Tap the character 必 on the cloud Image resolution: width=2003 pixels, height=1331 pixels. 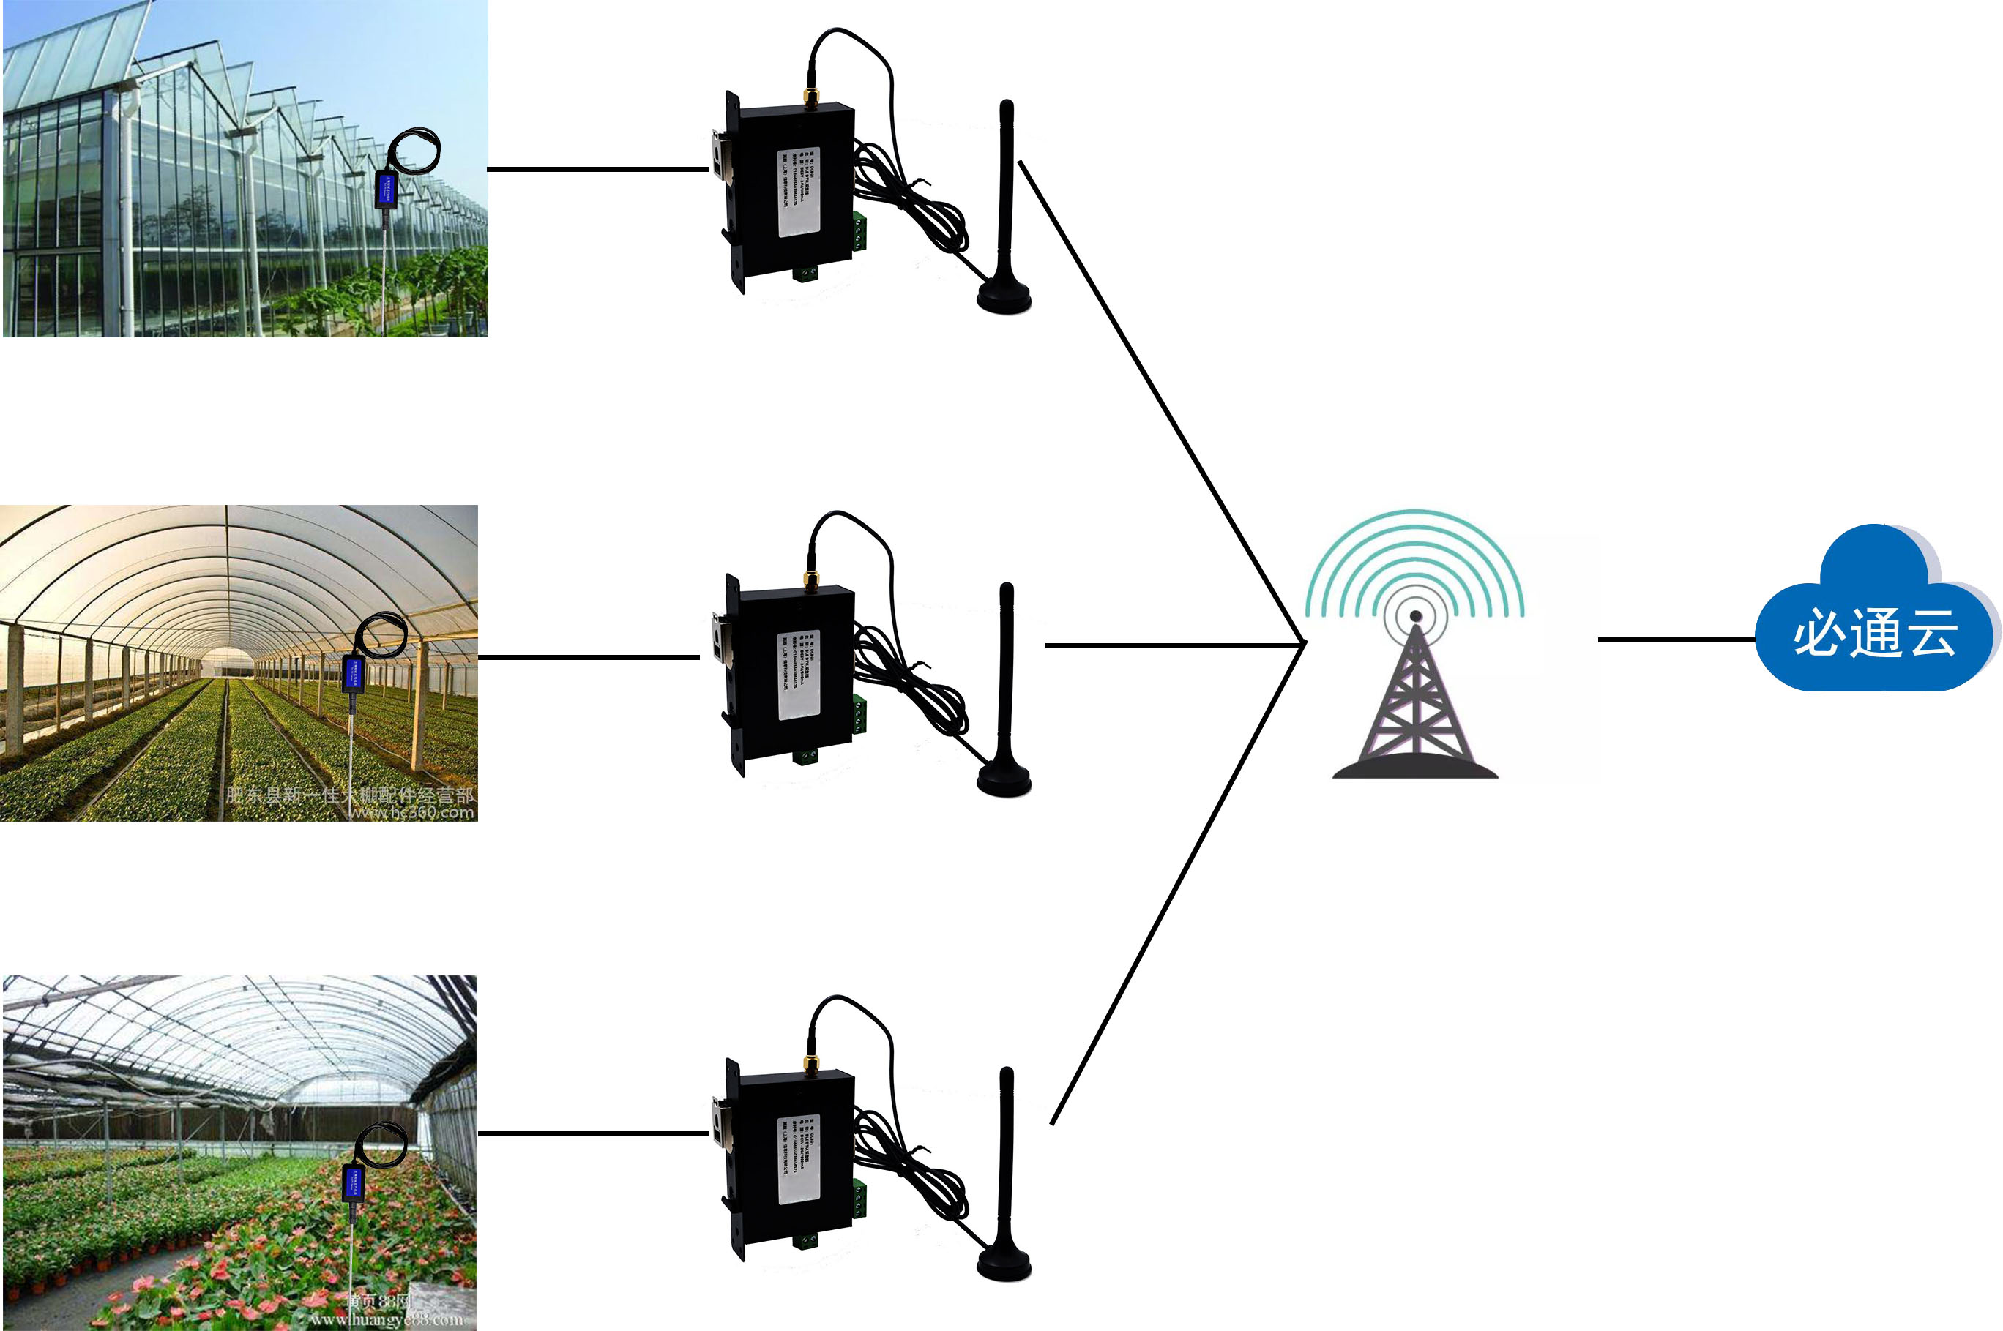tap(1818, 632)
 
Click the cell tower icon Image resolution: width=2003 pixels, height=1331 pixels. tap(1414, 705)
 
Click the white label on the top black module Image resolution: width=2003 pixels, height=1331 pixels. tap(798, 192)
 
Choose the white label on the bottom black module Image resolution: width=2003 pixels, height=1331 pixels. tap(798, 1159)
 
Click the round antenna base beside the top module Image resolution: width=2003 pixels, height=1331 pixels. tap(1004, 298)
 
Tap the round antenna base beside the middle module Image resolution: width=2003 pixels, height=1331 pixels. tap(1004, 781)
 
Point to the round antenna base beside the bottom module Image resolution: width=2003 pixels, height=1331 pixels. tap(1004, 1265)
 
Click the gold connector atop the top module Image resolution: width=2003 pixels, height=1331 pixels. tap(811, 96)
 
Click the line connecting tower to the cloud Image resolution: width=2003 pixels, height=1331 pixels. tap(1677, 640)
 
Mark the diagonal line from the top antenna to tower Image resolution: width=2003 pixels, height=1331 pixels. tap(1159, 399)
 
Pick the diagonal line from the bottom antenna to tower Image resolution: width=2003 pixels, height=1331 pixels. tap(1176, 882)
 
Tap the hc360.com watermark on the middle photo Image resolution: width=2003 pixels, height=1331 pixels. tap(412, 813)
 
